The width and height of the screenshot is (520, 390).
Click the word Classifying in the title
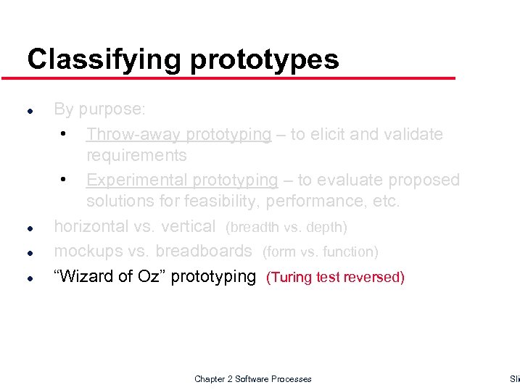(105, 59)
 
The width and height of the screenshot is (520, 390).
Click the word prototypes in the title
(265, 59)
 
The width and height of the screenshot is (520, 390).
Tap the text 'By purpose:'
(100, 109)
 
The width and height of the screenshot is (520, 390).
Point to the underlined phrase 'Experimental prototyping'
(182, 180)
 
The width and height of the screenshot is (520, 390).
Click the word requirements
(136, 155)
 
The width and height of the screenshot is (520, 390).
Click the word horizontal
(91, 226)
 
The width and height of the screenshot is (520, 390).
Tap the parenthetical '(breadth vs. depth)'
(286, 228)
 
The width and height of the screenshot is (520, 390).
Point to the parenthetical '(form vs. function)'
(320, 252)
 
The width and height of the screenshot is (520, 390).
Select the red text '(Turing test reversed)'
(336, 277)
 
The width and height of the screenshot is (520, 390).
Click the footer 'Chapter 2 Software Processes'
(252, 379)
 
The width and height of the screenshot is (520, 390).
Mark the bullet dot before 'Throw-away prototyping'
(65, 134)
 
